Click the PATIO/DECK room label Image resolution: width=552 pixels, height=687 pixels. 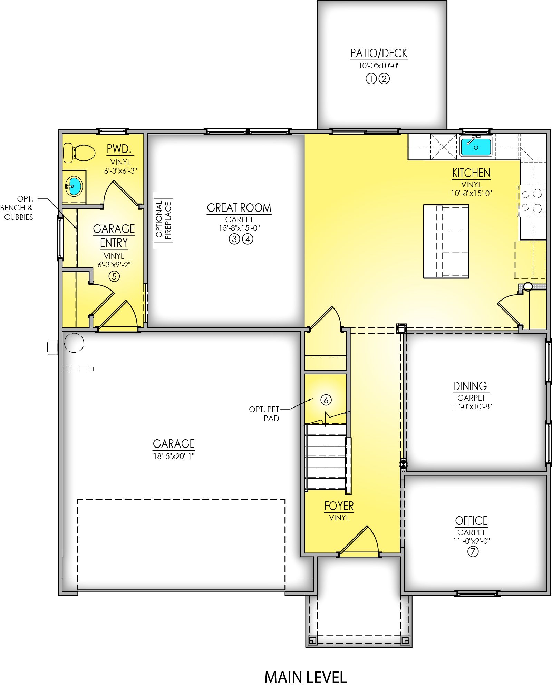coord(379,53)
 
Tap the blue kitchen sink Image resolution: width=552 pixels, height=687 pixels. coord(476,146)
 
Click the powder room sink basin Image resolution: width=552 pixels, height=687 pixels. coord(74,186)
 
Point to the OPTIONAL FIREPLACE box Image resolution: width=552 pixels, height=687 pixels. coord(163,220)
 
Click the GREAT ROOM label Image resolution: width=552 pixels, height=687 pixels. coord(239,208)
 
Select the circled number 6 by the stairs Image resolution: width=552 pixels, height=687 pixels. coord(326,400)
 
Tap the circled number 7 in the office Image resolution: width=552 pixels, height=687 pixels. coord(473,551)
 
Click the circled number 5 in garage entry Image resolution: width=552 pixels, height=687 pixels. coord(114,276)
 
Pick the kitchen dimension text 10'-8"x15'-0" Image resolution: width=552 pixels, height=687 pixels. coord(471,193)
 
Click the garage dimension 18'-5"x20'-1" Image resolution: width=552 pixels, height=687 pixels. coord(174,456)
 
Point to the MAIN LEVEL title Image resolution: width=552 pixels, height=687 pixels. coord(306,677)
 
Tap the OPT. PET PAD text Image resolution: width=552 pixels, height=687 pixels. coord(264,414)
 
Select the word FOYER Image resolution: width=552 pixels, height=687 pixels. coord(339,506)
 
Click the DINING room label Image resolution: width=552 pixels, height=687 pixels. coord(470,386)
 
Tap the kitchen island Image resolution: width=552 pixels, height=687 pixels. coord(446,241)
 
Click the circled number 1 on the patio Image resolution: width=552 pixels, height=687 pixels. coord(371,79)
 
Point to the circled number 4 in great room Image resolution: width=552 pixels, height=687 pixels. coord(248,239)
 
